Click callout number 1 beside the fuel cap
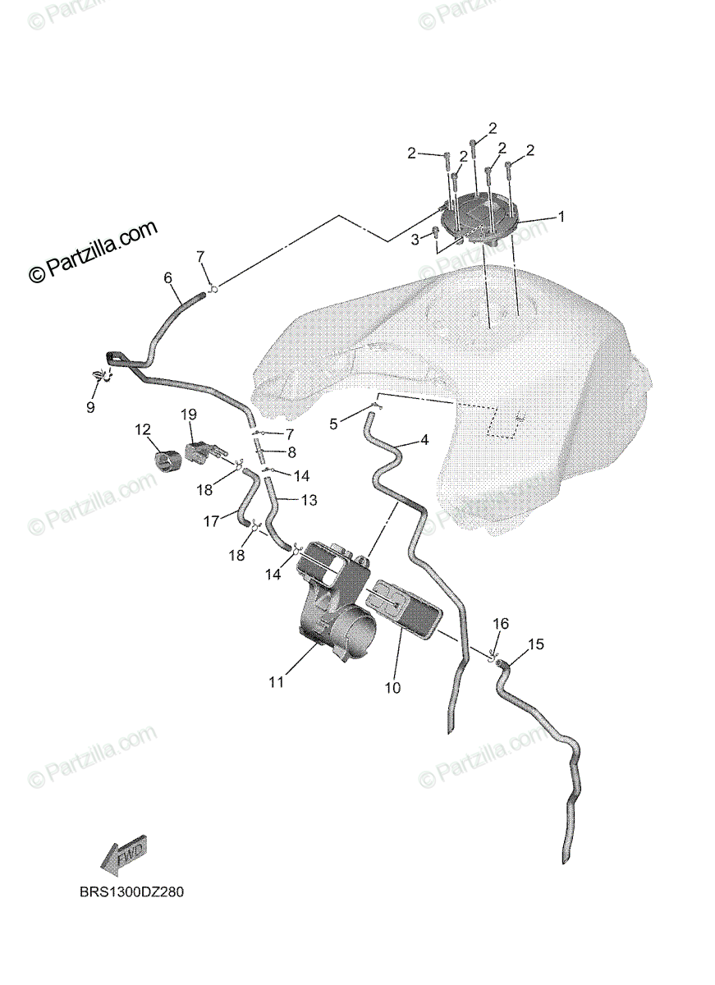coord(561,218)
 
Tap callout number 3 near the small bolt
coord(415,239)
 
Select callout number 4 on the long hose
coord(424,441)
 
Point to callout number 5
coord(333,424)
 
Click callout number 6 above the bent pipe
coord(168,278)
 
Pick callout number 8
coord(291,451)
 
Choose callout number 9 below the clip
coord(90,406)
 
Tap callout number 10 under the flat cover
coord(393,688)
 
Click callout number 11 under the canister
coord(276,681)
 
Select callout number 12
coord(143,428)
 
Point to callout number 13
coord(286,499)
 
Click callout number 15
coord(535,644)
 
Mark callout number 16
coord(501,624)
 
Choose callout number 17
coord(211,520)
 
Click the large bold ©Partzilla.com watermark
coord(93,252)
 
